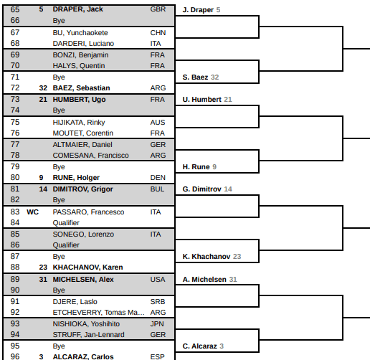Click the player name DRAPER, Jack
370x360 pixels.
[x=77, y=9]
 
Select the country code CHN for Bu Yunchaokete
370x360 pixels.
[x=158, y=32]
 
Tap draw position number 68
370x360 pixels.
[x=15, y=43]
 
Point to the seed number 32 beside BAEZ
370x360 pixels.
[x=43, y=88]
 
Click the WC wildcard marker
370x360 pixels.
[x=32, y=212]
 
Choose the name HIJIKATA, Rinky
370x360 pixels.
[x=79, y=123]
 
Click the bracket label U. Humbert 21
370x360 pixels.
[x=207, y=99]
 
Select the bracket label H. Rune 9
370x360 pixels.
[x=199, y=166]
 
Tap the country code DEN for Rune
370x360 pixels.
[x=158, y=178]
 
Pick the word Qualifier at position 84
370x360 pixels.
[x=66, y=223]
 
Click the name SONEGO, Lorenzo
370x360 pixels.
[x=83, y=235]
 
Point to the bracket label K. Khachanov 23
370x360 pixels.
[x=212, y=256]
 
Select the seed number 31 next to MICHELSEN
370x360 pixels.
[x=43, y=280]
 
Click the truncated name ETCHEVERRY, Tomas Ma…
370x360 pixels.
[x=98, y=313]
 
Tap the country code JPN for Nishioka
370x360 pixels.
[x=157, y=324]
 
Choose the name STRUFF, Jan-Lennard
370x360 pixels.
[x=88, y=335]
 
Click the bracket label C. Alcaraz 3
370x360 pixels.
[x=203, y=346]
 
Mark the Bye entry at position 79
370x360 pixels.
[x=59, y=167]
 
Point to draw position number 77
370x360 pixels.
[x=15, y=144]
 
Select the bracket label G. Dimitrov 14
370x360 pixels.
[x=207, y=189]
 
